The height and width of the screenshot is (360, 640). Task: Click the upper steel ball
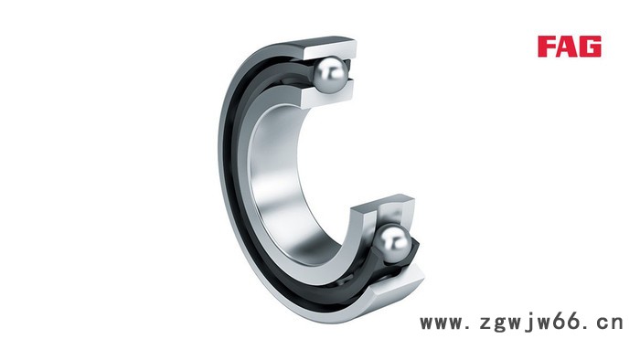point(330,75)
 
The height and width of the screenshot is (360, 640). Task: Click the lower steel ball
point(392,244)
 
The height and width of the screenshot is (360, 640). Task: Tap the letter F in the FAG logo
point(547,46)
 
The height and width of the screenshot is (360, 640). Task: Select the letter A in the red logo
point(568,46)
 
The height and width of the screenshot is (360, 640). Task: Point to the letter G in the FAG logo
point(591,46)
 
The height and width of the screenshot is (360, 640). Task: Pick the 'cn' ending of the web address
point(610,323)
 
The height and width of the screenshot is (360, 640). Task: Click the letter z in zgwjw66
point(485,323)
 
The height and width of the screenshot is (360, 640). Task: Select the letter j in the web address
point(528,323)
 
